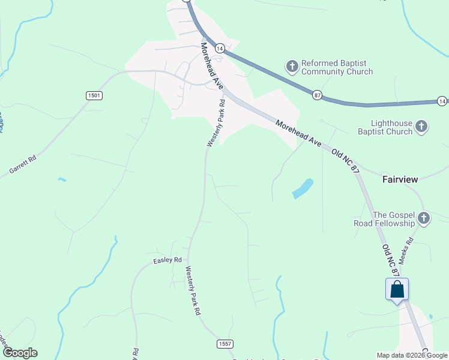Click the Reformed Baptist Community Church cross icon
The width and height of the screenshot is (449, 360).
(292, 67)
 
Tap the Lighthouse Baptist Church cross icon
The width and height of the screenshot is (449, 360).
(421, 127)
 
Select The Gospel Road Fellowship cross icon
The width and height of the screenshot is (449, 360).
(424, 218)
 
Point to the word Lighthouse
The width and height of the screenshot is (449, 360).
(391, 123)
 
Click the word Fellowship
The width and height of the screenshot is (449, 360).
(394, 224)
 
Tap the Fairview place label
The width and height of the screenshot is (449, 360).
(400, 179)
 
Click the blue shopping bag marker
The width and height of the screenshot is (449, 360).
(397, 290)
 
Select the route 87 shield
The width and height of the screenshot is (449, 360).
(317, 95)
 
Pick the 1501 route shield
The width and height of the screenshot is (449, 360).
(94, 95)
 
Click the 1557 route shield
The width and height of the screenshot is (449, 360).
(224, 343)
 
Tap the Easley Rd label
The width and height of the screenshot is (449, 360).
(167, 260)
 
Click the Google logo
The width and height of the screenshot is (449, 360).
(20, 353)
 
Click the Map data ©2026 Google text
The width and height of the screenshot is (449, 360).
(412, 355)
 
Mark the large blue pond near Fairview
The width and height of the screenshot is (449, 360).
(303, 188)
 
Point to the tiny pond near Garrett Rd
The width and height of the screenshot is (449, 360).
(62, 179)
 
